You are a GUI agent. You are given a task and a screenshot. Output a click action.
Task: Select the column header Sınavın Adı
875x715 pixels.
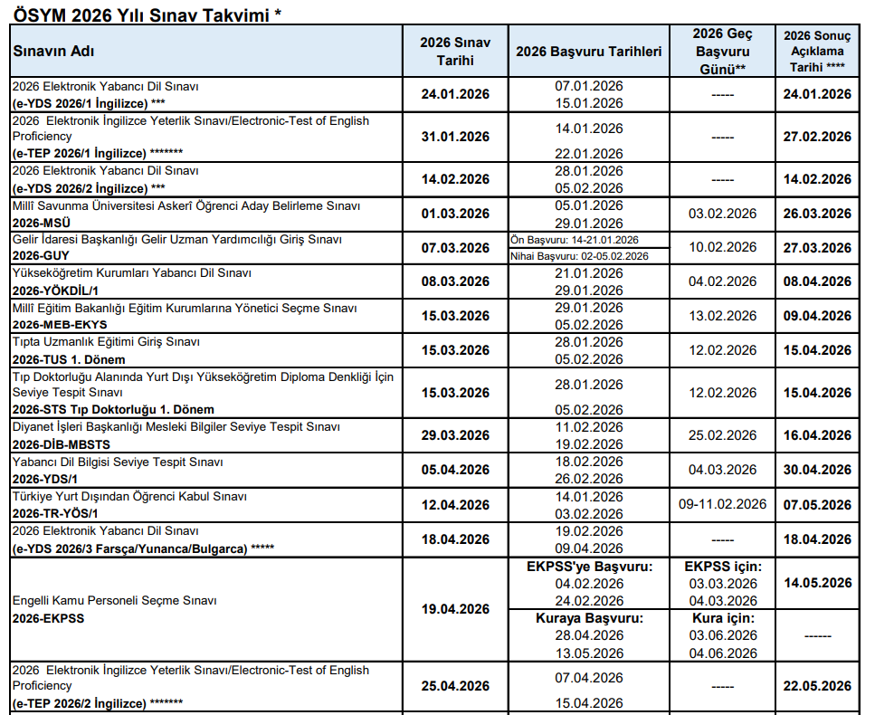(53, 51)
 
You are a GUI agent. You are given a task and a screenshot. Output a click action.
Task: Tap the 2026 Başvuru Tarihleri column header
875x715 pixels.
(588, 52)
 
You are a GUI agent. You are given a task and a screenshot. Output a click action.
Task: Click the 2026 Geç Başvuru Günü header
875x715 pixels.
(722, 51)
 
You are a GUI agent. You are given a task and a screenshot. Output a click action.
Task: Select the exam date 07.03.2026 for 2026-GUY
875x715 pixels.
(455, 248)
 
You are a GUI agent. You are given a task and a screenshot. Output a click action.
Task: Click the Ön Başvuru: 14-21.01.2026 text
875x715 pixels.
(575, 240)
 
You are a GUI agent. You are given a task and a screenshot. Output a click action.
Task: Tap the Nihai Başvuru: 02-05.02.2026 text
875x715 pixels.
(580, 257)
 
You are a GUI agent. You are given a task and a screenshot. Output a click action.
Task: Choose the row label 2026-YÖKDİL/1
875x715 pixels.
(54, 290)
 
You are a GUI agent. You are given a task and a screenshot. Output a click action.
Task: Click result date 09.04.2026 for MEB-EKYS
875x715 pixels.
(817, 316)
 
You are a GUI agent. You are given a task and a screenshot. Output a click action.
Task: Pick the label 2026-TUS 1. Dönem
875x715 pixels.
(69, 359)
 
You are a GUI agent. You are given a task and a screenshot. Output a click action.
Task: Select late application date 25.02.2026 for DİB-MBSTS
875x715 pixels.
(722, 435)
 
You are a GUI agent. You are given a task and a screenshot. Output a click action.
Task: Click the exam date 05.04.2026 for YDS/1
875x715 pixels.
(455, 470)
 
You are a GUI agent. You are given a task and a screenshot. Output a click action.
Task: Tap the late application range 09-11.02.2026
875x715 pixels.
(722, 504)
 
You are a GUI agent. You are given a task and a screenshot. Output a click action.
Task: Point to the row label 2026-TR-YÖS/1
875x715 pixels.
(55, 513)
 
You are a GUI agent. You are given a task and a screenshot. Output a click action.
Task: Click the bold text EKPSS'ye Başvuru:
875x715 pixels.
(589, 567)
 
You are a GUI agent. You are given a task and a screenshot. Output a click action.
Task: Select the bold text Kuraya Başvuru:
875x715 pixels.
(589, 618)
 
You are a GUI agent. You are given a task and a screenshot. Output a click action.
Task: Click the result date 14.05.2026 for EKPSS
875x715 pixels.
(817, 583)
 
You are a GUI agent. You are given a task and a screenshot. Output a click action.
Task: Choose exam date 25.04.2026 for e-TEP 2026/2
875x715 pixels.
(455, 686)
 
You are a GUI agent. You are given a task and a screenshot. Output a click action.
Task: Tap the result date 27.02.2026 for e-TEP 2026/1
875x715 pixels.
(817, 137)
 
